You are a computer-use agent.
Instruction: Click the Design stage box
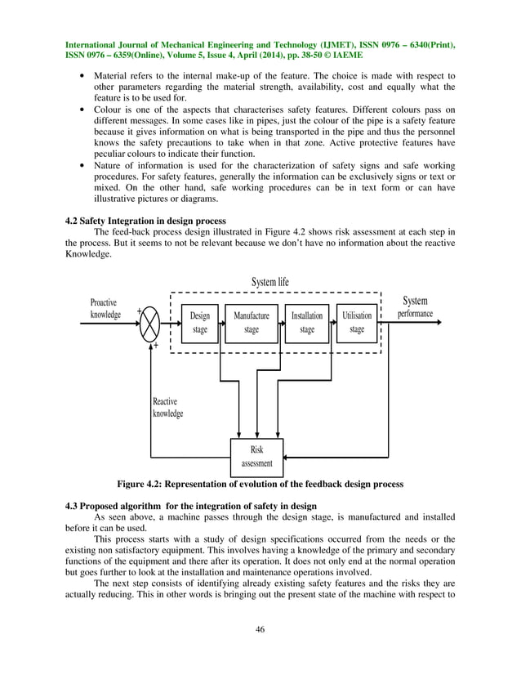click(200, 323)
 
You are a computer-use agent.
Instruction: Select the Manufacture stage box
click(252, 323)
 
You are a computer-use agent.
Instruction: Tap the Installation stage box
click(307, 323)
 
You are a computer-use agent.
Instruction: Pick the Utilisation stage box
click(357, 323)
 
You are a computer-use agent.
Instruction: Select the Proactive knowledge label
click(105, 308)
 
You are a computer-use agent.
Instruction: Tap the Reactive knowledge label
click(168, 407)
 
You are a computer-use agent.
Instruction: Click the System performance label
click(415, 307)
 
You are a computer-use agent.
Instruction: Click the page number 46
click(260, 628)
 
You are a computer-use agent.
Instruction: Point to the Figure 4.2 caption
click(260, 485)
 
